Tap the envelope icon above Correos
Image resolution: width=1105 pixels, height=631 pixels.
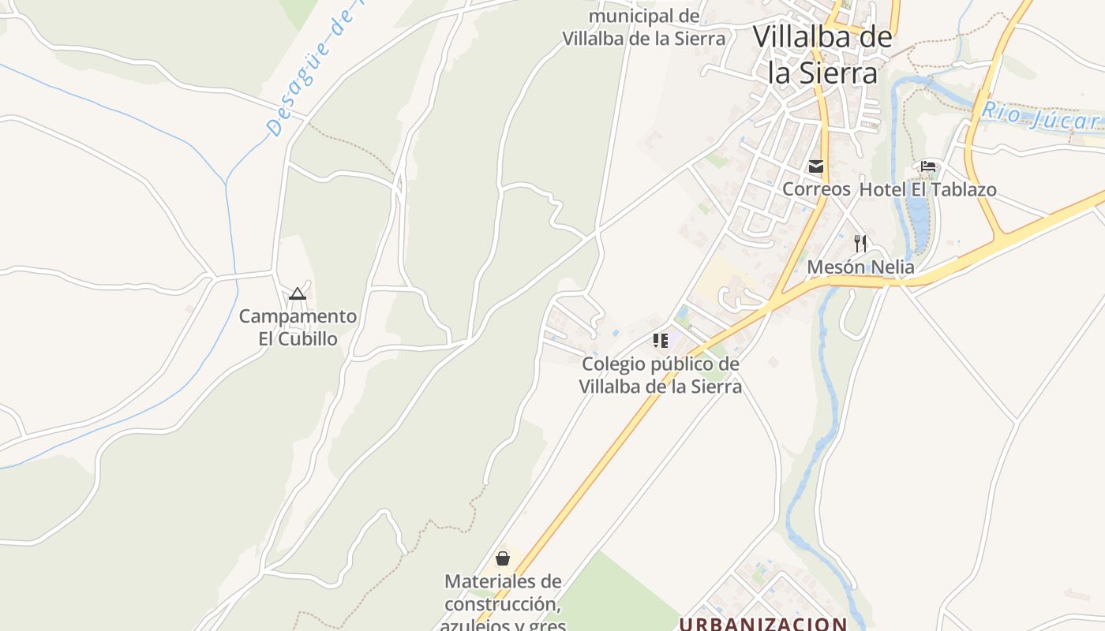pyautogui.click(x=816, y=167)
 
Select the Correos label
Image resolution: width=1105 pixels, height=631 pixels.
pyautogui.click(x=816, y=189)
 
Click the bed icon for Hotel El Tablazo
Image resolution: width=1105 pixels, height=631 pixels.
pyautogui.click(x=928, y=167)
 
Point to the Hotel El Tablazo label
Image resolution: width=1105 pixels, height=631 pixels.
pyautogui.click(x=927, y=189)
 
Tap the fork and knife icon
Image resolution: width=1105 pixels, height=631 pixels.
pyautogui.click(x=860, y=244)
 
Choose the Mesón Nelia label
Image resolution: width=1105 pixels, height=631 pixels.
pyautogui.click(x=860, y=267)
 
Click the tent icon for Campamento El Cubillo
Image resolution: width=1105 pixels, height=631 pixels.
pyautogui.click(x=298, y=294)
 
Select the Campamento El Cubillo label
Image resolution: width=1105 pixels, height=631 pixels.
pyautogui.click(x=298, y=327)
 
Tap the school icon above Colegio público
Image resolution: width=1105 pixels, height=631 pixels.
pyautogui.click(x=661, y=341)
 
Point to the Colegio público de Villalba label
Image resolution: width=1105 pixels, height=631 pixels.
pyautogui.click(x=661, y=375)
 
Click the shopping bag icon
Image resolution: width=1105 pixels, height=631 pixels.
pyautogui.click(x=503, y=558)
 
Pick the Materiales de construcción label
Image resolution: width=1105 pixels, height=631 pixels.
pyautogui.click(x=503, y=603)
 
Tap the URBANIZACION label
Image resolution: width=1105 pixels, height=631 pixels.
pyautogui.click(x=763, y=624)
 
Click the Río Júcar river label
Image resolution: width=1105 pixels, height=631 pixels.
pyautogui.click(x=1039, y=117)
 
